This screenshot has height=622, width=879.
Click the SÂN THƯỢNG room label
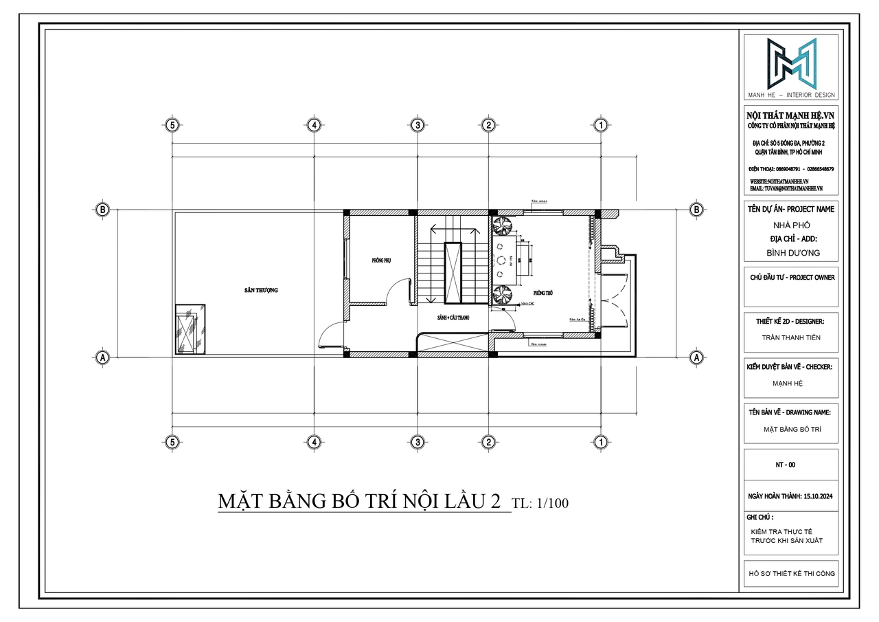[x=260, y=291]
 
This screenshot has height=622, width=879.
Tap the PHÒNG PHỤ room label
[x=380, y=260]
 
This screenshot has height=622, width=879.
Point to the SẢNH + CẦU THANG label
[x=453, y=318]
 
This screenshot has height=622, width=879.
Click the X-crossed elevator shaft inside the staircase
[x=453, y=273]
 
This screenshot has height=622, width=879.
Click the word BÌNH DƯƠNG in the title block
[x=792, y=253]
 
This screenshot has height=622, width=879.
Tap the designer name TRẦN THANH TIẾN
[x=791, y=337]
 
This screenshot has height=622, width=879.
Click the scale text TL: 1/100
[x=540, y=503]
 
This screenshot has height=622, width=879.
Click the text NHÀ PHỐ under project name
[x=792, y=225]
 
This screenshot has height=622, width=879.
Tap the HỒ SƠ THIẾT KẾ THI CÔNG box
[x=791, y=573]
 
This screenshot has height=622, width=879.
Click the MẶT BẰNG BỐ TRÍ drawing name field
[x=791, y=429]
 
